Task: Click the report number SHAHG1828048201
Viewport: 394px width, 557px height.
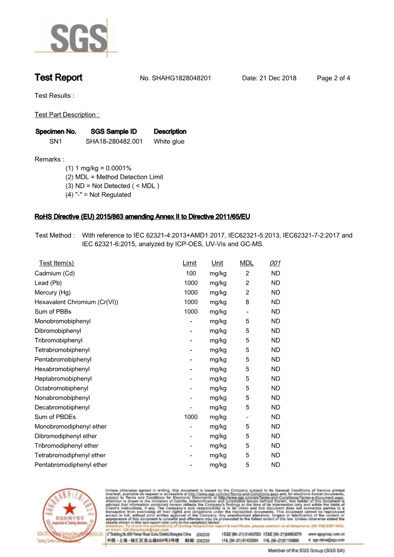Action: [182, 78]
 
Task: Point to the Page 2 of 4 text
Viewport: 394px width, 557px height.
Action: [333, 78]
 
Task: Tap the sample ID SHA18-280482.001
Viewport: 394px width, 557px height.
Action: [114, 142]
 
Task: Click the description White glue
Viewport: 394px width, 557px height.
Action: [169, 142]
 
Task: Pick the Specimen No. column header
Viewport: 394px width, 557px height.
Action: [56, 132]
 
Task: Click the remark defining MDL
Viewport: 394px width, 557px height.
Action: [114, 177]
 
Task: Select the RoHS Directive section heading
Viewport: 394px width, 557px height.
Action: [142, 217]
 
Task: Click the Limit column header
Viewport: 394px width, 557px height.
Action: [189, 263]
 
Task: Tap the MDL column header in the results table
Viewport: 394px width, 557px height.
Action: [246, 263]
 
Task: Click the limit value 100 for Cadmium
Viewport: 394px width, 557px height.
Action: [191, 273]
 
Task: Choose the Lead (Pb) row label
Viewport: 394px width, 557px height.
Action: [48, 283]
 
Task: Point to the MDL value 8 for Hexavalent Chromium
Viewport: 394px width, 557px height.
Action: [247, 302]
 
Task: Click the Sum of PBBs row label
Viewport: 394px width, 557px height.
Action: [53, 312]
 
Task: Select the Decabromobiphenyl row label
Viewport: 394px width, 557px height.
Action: [62, 407]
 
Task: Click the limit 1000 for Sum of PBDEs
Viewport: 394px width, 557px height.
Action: [191, 417]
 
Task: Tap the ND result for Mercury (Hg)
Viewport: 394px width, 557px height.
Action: [275, 293]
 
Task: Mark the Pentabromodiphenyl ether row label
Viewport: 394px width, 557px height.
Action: [71, 465]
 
